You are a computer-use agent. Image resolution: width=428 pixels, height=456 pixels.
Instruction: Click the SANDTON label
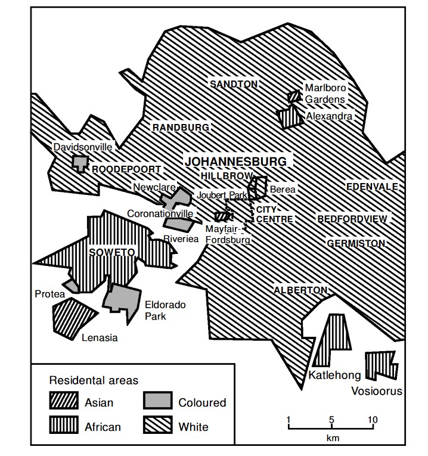coord(234,84)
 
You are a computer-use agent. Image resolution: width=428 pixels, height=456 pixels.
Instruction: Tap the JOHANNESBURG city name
coord(235,162)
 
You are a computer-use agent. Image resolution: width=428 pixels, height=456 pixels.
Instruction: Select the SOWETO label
coord(111,252)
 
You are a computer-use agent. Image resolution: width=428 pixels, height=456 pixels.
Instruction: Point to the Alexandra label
coord(328,116)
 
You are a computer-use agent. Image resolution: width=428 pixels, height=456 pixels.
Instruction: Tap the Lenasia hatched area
coord(73,314)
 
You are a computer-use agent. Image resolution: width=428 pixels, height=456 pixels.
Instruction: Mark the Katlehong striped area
coord(331,340)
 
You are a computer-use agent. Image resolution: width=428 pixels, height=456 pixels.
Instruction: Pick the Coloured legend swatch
coord(158,402)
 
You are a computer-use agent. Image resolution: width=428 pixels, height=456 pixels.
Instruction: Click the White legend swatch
coord(158,426)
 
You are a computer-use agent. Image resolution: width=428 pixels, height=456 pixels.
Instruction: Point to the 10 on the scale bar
coord(373,419)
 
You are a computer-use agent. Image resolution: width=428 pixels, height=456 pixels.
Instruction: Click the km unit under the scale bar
coord(331,439)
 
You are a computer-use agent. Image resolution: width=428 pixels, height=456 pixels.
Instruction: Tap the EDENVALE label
coord(372,187)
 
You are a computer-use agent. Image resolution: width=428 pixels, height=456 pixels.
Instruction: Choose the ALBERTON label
coord(300,290)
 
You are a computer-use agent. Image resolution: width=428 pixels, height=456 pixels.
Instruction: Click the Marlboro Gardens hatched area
coord(293,96)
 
